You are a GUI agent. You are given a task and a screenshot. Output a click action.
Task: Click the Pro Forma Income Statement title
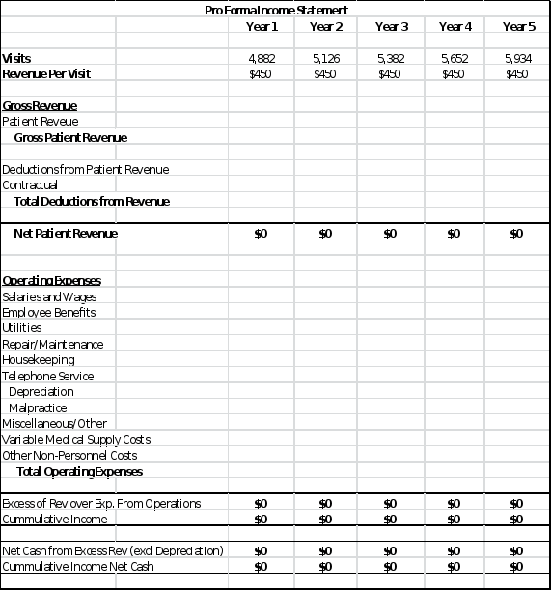pos(277,10)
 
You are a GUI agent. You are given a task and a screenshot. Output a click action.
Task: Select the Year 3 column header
pos(391,26)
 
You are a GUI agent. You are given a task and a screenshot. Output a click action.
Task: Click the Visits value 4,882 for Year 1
pos(262,59)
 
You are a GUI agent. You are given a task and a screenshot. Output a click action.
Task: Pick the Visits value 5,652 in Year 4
pos(454,59)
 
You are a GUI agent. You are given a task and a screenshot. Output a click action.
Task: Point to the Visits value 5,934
pos(518,59)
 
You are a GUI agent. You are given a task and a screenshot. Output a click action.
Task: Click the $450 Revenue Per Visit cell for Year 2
pos(326,73)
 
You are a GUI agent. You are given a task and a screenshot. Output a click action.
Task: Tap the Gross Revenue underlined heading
pos(40,105)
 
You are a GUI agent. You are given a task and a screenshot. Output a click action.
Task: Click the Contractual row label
pos(30,184)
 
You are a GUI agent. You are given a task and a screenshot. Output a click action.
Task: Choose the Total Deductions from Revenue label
pos(92,201)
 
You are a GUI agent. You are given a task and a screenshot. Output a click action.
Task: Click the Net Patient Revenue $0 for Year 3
pos(390,233)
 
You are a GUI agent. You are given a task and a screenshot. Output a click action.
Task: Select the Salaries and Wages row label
pos(49,296)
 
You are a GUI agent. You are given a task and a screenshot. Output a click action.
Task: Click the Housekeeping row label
pos(39,360)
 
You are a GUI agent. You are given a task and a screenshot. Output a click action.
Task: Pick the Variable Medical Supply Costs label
pos(76,439)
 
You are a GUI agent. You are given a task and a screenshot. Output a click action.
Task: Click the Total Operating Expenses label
pos(79,471)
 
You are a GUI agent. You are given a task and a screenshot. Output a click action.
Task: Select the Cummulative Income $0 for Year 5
pos(516,519)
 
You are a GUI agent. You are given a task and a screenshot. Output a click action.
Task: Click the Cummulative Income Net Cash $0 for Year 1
pos(260,566)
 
